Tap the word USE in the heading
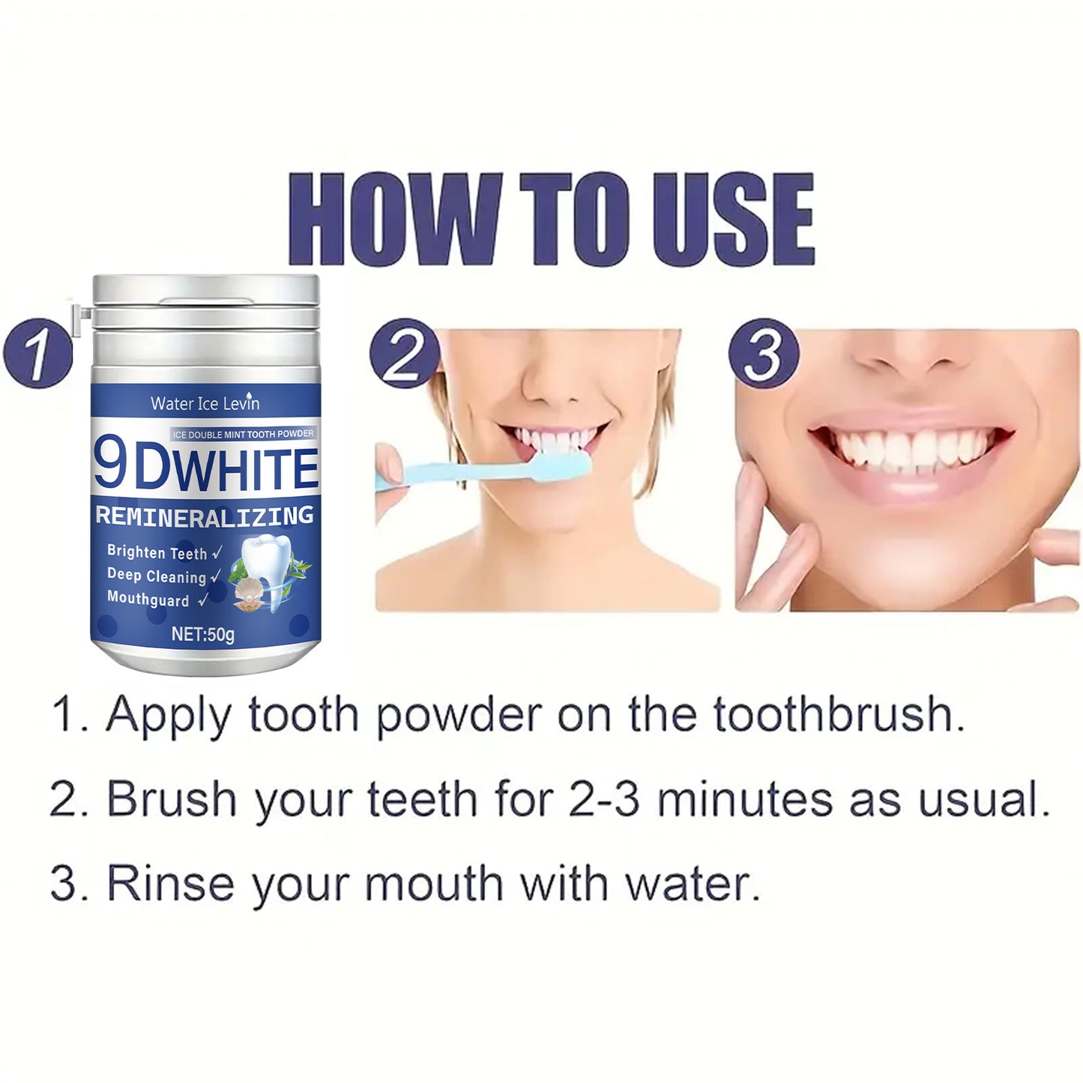tap(734, 219)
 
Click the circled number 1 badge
tap(37, 354)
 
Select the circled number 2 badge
tap(404, 354)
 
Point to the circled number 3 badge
tap(764, 354)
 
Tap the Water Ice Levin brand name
tap(205, 403)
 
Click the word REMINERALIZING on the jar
tap(205, 516)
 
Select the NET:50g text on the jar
tap(203, 634)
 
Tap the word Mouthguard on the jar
tap(148, 599)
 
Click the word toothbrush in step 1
tap(839, 715)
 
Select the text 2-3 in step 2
tap(604, 799)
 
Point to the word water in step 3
tap(693, 884)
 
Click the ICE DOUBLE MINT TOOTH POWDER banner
tap(244, 433)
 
